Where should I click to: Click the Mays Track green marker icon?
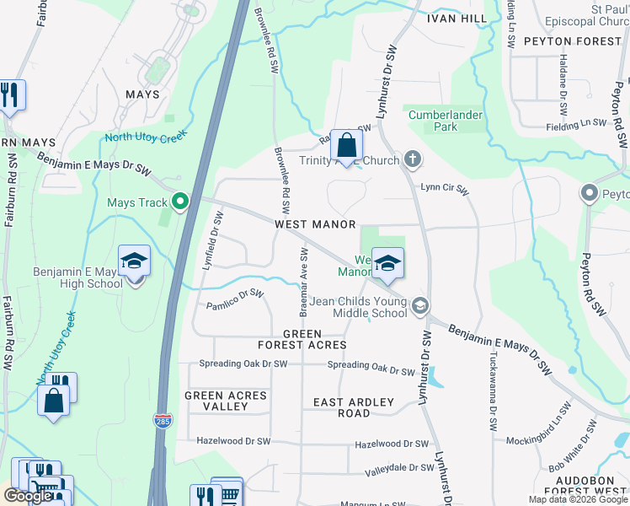(x=179, y=202)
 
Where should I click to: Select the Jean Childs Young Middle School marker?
(x=419, y=306)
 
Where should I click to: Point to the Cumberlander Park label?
(x=444, y=121)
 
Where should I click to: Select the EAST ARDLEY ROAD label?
(x=354, y=407)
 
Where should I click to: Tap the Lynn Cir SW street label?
(x=445, y=191)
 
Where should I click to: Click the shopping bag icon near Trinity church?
(x=346, y=146)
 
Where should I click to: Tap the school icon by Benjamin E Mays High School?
(x=134, y=261)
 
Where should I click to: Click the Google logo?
(x=28, y=496)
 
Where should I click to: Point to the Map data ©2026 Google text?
(x=578, y=498)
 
